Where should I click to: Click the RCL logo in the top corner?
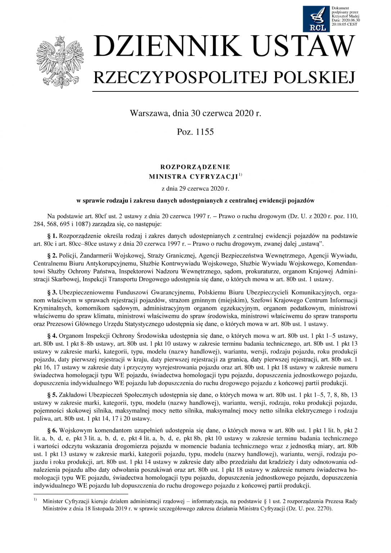click(x=315, y=18)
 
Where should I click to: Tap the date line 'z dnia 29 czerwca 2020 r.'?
click(x=195, y=188)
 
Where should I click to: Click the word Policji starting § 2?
click(x=68, y=256)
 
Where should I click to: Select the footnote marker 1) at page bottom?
click(x=35, y=500)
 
